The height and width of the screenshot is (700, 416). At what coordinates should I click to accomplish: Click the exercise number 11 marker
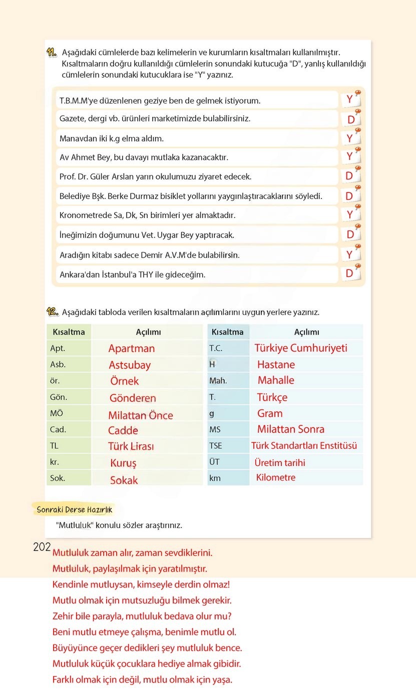52,52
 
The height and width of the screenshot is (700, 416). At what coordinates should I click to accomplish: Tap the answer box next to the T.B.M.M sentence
350,99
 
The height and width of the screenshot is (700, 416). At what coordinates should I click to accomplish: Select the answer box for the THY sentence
350,273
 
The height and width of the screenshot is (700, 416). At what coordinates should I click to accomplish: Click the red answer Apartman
131,348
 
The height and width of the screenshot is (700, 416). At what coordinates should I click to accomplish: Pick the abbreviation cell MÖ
57,413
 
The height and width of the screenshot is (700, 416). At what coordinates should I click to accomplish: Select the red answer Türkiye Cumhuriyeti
300,348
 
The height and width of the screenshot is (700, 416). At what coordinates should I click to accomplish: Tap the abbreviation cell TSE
216,445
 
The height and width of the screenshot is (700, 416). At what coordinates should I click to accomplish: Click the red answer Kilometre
275,477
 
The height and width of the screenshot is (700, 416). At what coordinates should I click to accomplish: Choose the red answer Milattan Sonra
290,429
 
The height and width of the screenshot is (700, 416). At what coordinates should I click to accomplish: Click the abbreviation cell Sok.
58,478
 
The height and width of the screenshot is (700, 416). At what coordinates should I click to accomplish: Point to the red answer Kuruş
123,463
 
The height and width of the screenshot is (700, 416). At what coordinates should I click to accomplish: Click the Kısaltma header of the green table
69,332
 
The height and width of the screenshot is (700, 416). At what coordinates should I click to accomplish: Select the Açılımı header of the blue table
306,332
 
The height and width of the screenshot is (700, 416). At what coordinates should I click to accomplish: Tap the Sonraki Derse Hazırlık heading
74,510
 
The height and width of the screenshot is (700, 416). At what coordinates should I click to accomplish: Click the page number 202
42,547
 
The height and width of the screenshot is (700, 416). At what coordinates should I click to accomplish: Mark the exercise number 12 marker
52,312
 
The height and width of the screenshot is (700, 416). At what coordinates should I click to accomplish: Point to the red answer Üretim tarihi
279,462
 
